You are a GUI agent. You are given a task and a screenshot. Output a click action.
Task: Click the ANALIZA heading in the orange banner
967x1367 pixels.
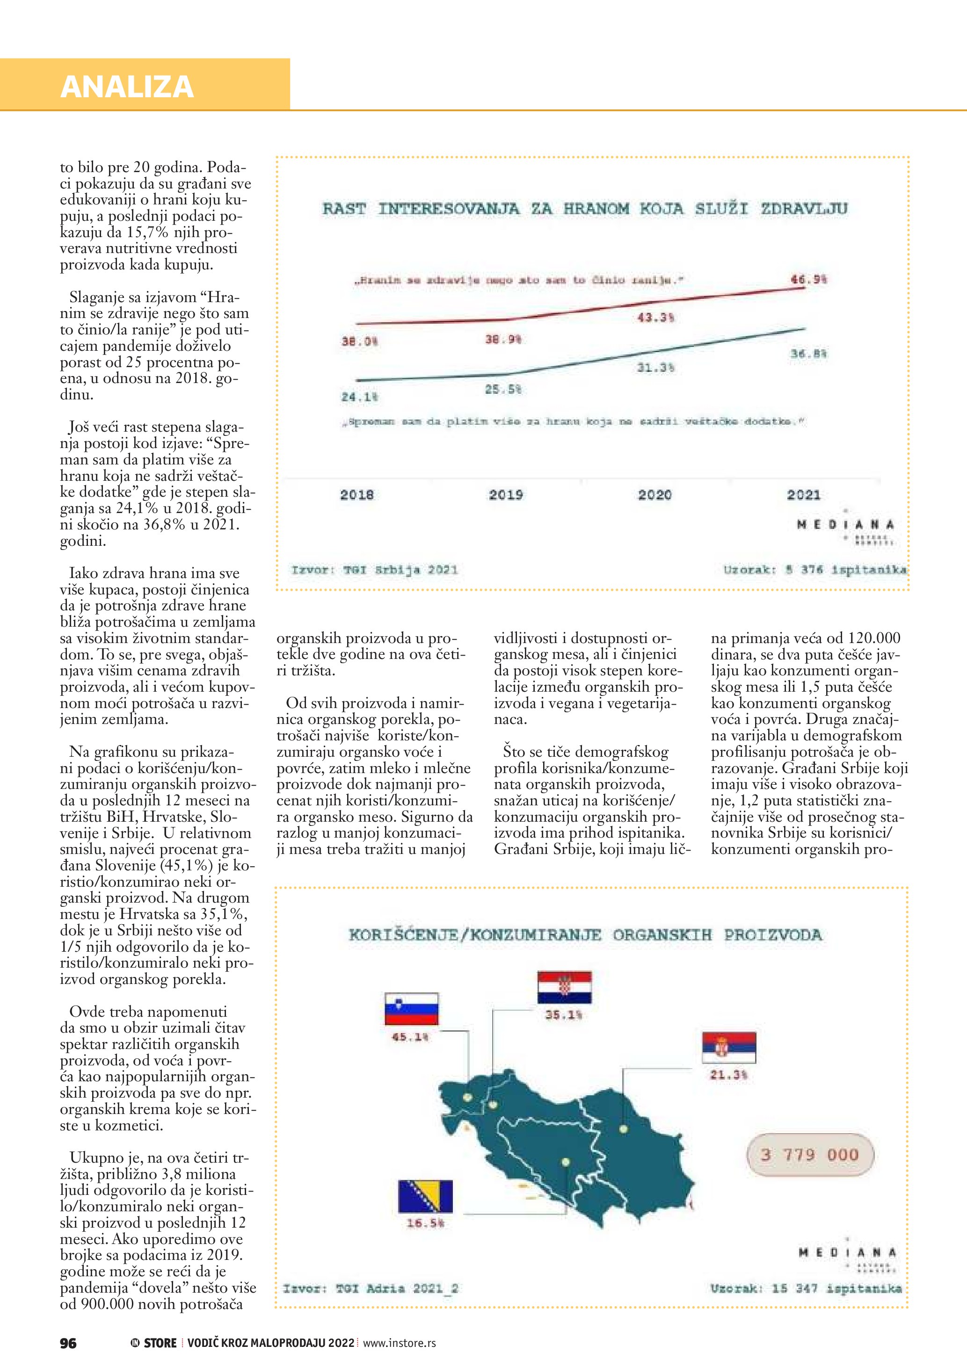click(x=127, y=87)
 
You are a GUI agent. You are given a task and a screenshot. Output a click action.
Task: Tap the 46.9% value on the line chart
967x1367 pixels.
click(x=808, y=279)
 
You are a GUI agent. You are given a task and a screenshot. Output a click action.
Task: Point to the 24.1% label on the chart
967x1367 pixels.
click(x=359, y=397)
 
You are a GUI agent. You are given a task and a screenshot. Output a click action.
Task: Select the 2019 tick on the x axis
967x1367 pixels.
click(x=506, y=495)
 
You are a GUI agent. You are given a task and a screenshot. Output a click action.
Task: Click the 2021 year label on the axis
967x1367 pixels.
click(x=803, y=495)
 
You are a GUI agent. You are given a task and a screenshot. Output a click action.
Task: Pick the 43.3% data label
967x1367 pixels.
click(x=655, y=318)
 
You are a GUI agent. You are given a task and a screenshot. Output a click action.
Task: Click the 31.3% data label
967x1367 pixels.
click(x=655, y=368)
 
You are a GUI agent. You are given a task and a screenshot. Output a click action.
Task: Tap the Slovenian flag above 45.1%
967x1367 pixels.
click(x=411, y=1009)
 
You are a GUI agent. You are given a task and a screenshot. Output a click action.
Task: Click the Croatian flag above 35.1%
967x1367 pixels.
click(x=564, y=988)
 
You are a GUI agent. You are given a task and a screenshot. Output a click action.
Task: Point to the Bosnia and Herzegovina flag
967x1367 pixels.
click(x=425, y=1197)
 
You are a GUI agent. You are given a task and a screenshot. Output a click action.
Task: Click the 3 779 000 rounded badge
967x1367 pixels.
click(x=810, y=1155)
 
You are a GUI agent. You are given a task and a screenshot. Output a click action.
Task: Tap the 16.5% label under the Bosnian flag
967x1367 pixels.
click(x=425, y=1223)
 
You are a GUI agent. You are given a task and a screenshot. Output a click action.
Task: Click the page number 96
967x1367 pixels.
click(x=68, y=1343)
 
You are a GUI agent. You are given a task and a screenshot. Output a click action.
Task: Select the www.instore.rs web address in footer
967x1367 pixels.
click(x=400, y=1343)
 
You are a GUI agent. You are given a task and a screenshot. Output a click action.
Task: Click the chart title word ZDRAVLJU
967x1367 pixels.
click(x=804, y=209)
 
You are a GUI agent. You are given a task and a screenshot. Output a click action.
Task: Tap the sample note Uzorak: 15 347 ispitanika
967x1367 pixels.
click(x=806, y=1288)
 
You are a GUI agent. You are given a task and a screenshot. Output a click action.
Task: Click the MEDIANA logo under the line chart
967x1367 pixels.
click(x=845, y=525)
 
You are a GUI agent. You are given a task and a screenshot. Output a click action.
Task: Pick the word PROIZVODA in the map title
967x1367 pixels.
click(x=773, y=935)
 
